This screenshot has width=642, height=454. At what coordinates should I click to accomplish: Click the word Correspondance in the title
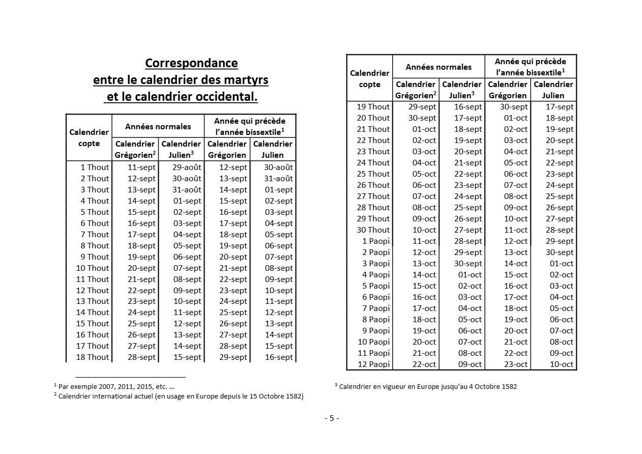191,63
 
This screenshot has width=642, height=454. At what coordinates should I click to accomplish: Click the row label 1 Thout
94,167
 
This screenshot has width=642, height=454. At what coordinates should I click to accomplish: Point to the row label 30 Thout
373,230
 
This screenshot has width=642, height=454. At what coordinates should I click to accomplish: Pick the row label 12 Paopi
373,364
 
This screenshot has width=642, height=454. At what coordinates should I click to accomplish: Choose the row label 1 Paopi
376,241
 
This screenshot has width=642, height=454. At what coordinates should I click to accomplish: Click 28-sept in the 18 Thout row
141,357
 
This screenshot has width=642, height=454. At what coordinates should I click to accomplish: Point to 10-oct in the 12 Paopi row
562,364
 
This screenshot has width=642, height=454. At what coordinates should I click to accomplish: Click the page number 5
332,418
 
